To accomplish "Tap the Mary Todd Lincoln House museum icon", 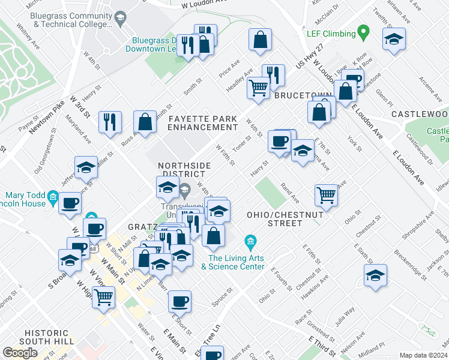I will point(53,197).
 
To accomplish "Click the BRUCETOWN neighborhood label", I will point(295,95).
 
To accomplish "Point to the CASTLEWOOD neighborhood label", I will point(420,114).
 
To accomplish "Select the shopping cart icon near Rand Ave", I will point(325,194).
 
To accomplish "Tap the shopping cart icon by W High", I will point(104,296).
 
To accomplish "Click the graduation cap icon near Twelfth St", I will point(393,40).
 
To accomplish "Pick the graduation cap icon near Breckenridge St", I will point(375,275).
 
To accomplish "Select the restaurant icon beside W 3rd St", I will point(110,121).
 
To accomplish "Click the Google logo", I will point(20,353).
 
